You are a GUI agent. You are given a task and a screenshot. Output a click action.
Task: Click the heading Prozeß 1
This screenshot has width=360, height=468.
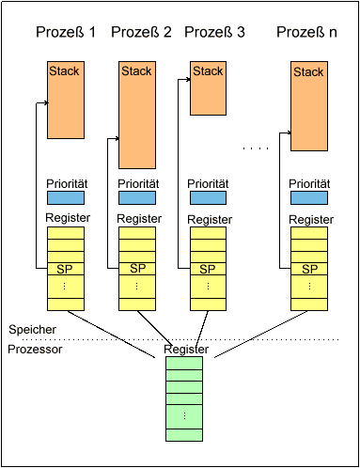[x=66, y=32]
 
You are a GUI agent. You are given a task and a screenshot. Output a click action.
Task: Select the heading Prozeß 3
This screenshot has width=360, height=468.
[x=214, y=32]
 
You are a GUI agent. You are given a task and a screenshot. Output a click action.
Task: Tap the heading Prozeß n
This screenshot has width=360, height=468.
[x=306, y=32]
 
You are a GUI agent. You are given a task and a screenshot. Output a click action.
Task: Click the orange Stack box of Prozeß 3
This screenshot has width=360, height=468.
[x=208, y=88]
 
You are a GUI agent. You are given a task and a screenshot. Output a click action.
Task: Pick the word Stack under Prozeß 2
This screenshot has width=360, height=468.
[x=136, y=71]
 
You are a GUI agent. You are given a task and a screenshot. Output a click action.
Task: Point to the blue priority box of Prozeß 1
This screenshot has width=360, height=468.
[x=66, y=198]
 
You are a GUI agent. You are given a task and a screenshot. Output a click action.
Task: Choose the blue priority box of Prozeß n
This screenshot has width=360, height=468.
[x=309, y=198]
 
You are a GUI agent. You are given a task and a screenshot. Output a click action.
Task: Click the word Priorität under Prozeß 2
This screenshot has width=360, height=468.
[x=138, y=184]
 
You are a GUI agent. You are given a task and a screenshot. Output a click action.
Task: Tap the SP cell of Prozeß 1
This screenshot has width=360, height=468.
[x=66, y=269]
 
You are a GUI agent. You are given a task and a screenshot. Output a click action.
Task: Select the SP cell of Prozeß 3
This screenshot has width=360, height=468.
[x=208, y=269]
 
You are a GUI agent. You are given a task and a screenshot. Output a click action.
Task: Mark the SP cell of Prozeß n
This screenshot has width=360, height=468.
[x=309, y=269]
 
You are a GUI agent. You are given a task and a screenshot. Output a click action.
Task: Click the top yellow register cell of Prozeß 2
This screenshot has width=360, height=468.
[x=137, y=233]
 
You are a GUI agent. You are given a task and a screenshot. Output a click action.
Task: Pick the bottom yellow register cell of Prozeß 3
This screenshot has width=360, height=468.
[x=208, y=304]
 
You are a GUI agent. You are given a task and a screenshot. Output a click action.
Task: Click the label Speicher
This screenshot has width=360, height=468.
[x=32, y=330]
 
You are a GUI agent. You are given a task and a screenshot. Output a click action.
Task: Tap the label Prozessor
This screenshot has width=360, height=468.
[x=35, y=350]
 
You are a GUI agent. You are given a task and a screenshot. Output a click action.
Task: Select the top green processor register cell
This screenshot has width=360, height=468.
[x=184, y=364]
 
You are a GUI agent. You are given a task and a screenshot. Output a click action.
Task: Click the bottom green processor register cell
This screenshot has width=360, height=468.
[x=184, y=435]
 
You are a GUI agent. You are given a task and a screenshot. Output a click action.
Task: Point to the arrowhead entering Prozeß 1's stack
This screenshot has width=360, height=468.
[x=47, y=102]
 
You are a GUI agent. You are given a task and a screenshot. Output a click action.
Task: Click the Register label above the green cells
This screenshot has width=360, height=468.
[x=186, y=350]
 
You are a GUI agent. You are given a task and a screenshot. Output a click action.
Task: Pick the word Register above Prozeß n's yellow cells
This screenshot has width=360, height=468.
[x=311, y=220]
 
